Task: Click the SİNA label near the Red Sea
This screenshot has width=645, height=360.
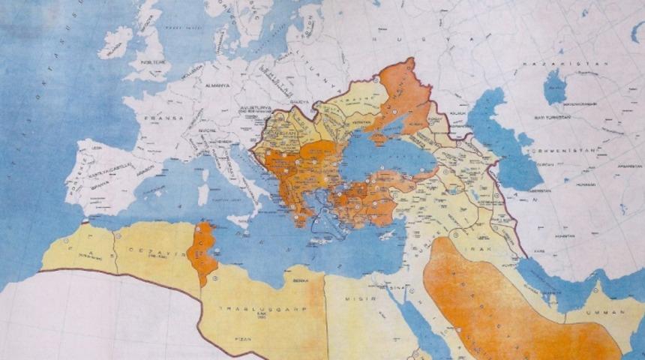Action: [x=396, y=286]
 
